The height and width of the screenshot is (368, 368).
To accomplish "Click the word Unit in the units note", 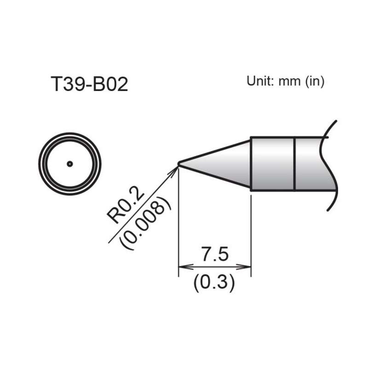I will (x=260, y=81).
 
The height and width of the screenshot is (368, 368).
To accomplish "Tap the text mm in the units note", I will (x=289, y=82).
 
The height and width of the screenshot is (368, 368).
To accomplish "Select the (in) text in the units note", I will (x=314, y=82).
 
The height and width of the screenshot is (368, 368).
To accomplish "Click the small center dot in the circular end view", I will (x=69, y=163).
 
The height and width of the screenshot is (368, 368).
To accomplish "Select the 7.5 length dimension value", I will (x=214, y=255).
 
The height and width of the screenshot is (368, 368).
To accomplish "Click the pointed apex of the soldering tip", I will (x=179, y=163).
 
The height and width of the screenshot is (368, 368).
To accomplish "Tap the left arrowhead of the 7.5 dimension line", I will (x=183, y=267).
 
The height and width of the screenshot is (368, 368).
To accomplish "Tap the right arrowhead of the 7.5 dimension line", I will (x=247, y=267).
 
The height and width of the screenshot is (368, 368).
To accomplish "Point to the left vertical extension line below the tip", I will (x=178, y=230).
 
